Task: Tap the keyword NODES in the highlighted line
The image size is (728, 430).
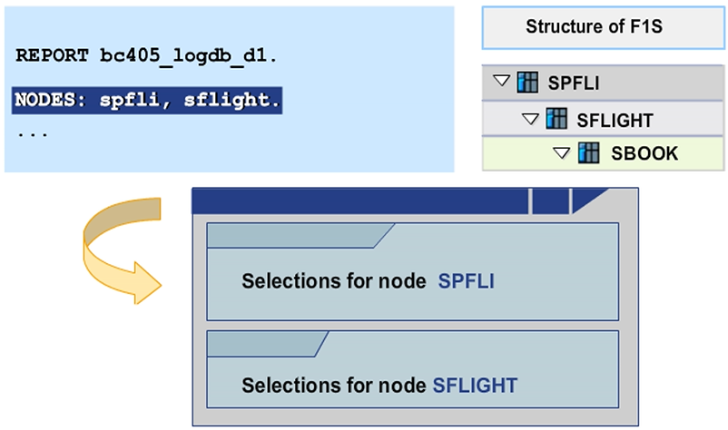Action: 48,100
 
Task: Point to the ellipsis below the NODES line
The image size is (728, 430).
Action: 32,132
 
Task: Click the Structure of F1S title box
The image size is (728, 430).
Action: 594,27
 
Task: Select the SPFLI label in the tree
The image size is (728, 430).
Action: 574,83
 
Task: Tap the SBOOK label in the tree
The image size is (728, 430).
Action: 645,153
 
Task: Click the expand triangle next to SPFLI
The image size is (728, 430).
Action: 501,83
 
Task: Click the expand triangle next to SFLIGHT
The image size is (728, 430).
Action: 531,118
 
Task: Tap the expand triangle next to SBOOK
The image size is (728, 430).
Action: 561,152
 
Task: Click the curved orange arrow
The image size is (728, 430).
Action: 118,249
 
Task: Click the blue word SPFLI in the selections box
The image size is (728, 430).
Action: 466,281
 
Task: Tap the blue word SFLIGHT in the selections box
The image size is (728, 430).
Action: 476,385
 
